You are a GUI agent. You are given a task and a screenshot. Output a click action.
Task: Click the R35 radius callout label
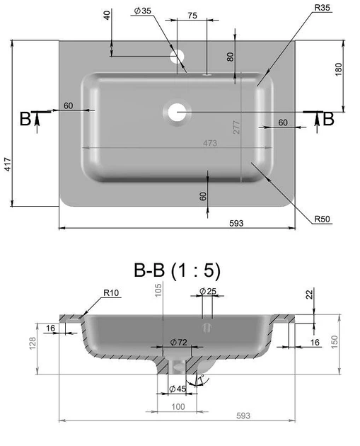[322, 8]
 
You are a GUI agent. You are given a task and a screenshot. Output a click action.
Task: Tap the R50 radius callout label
[322, 219]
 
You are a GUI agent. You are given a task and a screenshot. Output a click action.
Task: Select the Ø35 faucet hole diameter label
[143, 11]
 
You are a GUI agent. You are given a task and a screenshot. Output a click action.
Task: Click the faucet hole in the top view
[177, 57]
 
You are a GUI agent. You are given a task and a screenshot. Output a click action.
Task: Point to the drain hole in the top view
[177, 112]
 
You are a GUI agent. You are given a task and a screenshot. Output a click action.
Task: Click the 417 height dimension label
[8, 164]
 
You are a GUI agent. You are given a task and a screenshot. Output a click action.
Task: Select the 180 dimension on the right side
[339, 69]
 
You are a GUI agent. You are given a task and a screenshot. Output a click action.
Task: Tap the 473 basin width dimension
[210, 143]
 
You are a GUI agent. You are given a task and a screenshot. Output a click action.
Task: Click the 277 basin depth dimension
[236, 127]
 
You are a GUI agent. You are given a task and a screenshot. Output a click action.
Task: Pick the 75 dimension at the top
[192, 16]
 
